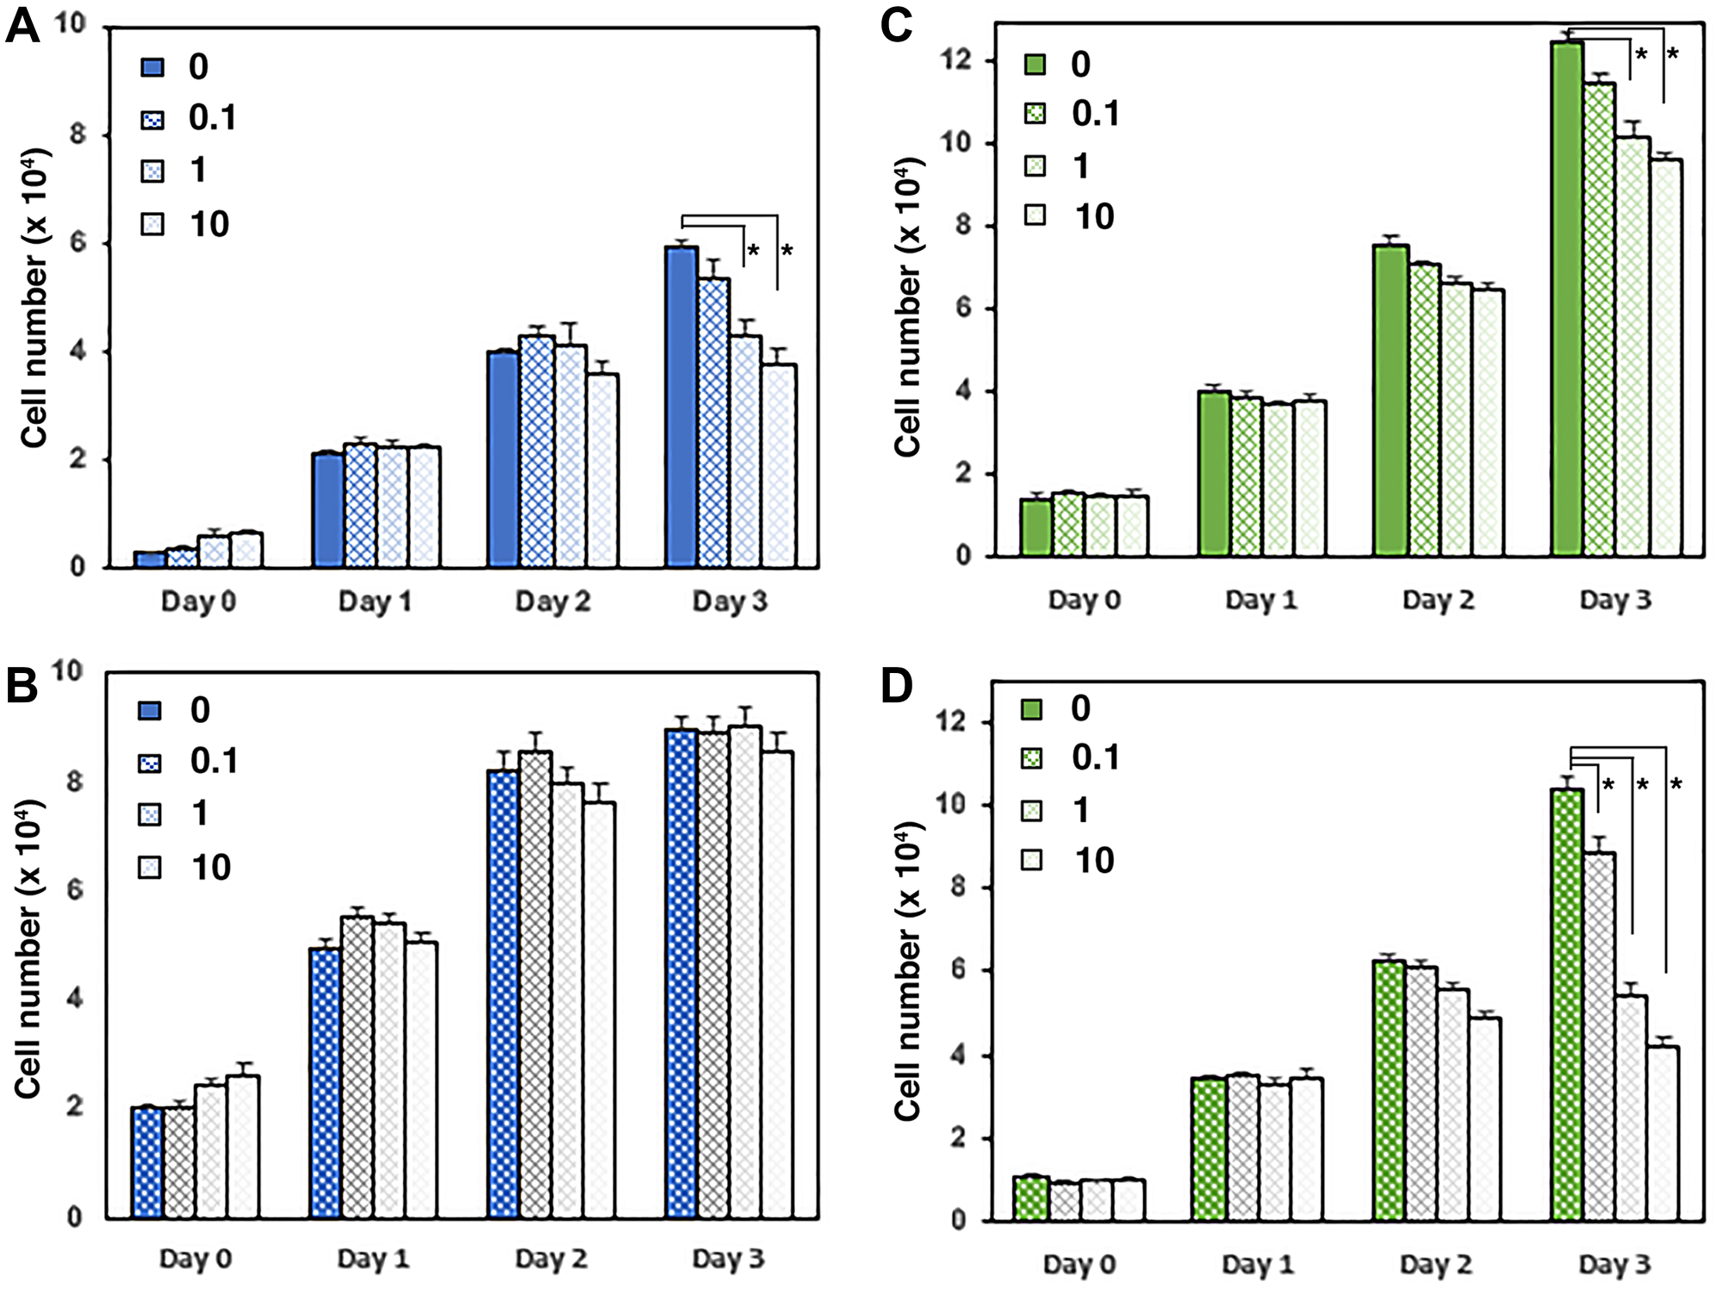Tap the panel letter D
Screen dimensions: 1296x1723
897,687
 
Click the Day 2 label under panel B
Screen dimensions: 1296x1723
551,1259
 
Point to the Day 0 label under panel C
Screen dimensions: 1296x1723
1085,600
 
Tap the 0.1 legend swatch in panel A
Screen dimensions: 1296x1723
152,119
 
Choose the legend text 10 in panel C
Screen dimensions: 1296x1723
1094,216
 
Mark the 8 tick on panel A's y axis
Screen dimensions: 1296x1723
78,134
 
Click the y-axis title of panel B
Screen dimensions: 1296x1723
29,948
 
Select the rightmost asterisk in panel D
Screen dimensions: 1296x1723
1676,784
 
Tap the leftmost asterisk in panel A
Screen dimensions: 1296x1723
753,252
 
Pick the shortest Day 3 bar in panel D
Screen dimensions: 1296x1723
1663,1132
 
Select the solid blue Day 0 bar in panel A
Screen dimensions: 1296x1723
149,559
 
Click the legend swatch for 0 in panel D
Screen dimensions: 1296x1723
1030,709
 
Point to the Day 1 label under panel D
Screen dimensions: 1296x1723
1258,1264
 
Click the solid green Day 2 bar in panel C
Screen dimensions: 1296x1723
1390,401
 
